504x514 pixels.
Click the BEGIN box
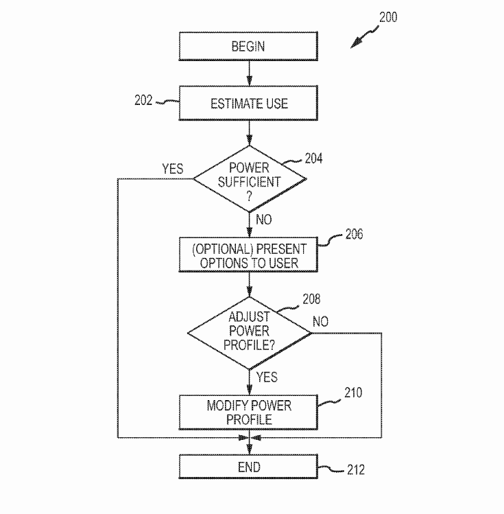[x=248, y=47]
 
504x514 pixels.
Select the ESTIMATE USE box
[x=248, y=104]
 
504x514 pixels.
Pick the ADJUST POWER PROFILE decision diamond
[x=249, y=332]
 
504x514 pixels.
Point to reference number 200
[x=387, y=17]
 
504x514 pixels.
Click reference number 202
[x=143, y=101]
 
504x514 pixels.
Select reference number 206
[x=354, y=235]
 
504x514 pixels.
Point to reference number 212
[x=355, y=470]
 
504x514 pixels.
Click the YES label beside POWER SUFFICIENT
[x=172, y=169]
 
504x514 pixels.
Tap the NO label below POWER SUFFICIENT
[x=263, y=220]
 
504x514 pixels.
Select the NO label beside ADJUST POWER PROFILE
[x=320, y=322]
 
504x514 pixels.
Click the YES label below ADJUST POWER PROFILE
[x=266, y=377]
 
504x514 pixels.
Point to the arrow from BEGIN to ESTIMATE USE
[x=248, y=71]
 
